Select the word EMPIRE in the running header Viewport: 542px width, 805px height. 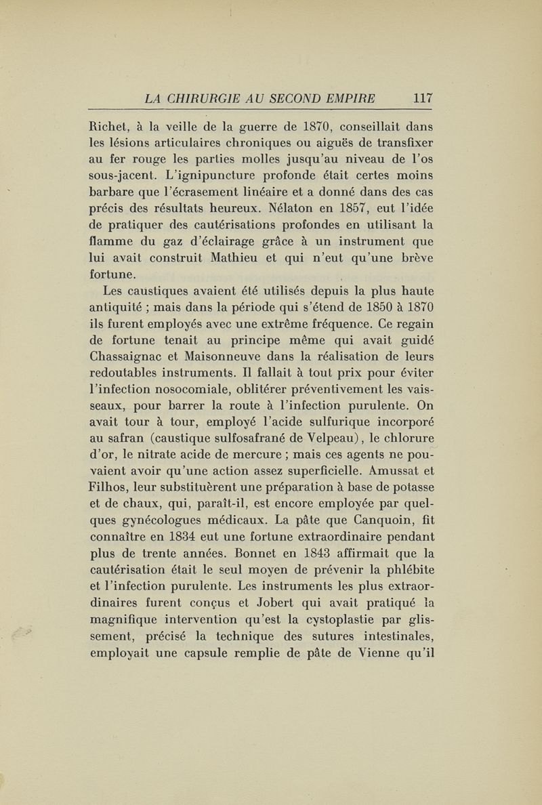(x=348, y=98)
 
